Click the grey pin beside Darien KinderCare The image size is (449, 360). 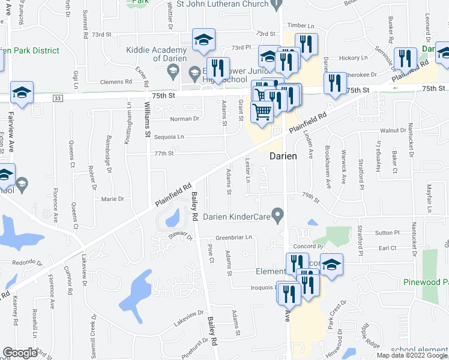tap(277, 214)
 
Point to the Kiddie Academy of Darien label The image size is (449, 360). tap(156, 55)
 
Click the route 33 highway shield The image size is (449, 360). tap(57, 98)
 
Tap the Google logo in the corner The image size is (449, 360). tap(20, 353)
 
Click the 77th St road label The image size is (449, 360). tap(164, 154)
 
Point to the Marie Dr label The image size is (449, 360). tap(112, 199)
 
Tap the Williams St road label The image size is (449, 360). tap(147, 119)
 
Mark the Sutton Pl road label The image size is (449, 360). tap(387, 232)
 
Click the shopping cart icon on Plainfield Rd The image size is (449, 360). tap(262, 110)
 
